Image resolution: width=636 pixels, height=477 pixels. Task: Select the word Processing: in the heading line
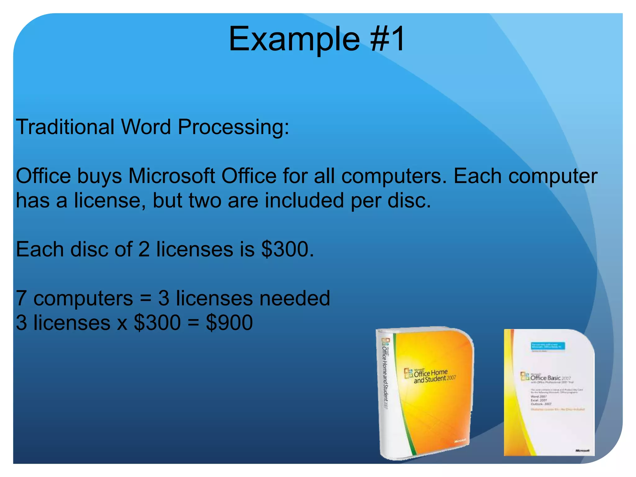click(x=233, y=127)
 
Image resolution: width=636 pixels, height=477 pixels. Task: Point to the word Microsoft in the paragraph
click(x=171, y=176)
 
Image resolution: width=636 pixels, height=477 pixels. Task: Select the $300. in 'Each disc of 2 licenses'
click(x=288, y=249)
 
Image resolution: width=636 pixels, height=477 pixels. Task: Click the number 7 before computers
click(x=21, y=298)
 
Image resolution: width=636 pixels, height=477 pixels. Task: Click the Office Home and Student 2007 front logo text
click(x=430, y=376)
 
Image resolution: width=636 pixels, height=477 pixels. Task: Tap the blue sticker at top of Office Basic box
click(x=548, y=346)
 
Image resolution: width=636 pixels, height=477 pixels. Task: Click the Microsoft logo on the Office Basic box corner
click(x=582, y=450)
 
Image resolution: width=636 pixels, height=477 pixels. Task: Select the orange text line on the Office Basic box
click(x=557, y=409)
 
